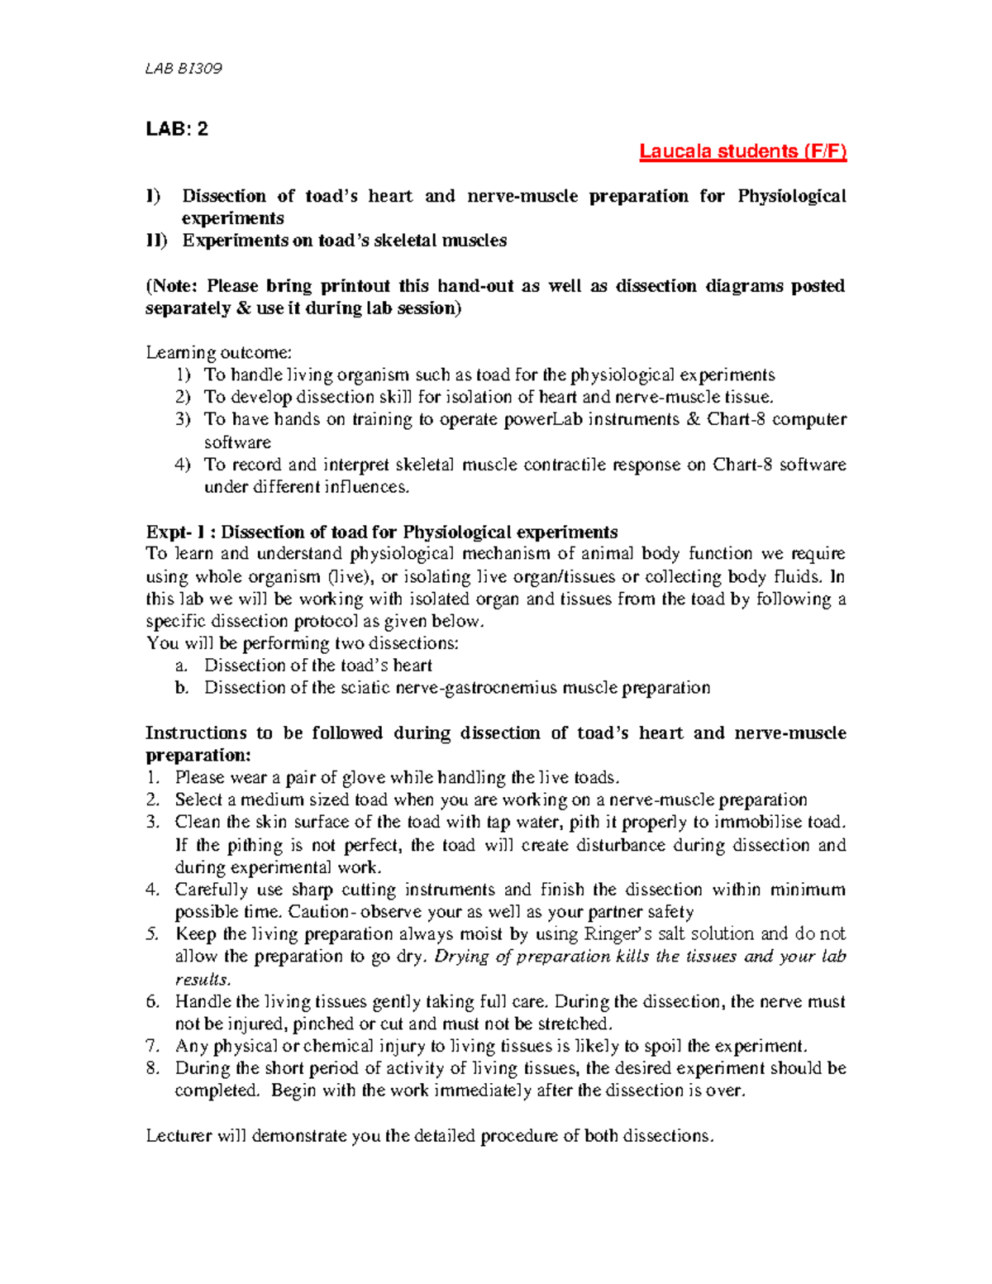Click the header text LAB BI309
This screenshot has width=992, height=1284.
click(x=184, y=69)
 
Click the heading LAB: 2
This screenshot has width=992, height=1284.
click(x=177, y=129)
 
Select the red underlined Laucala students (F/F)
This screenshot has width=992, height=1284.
click(x=742, y=151)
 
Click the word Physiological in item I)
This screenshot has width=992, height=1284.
click(x=791, y=196)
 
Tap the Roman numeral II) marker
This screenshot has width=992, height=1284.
click(x=156, y=241)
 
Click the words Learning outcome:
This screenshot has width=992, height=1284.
click(x=218, y=353)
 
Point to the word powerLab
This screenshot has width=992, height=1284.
click(x=546, y=419)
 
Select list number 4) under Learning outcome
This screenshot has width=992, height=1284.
click(x=183, y=465)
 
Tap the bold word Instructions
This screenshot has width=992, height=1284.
click(x=196, y=733)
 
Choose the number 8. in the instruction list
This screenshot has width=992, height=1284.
click(x=153, y=1068)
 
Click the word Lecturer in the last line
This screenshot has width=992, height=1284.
click(x=179, y=1136)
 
